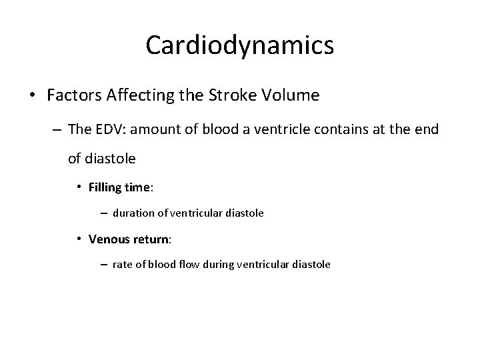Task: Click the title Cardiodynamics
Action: (239, 46)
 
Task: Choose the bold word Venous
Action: (110, 238)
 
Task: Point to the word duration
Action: (134, 213)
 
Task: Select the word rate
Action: (123, 264)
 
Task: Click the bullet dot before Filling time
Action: (79, 188)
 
